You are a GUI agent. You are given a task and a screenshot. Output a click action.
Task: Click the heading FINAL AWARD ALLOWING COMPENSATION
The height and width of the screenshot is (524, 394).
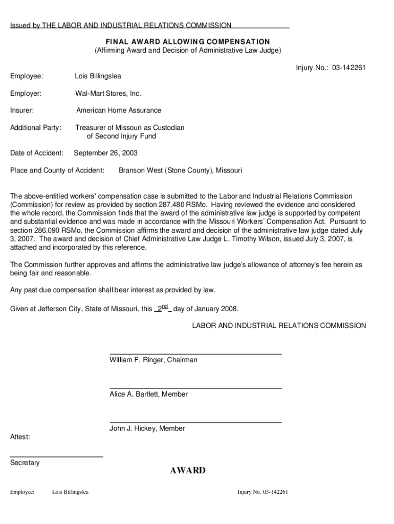pyautogui.click(x=188, y=41)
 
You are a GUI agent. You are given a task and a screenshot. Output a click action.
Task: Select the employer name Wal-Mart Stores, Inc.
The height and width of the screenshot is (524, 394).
pyautogui.click(x=108, y=93)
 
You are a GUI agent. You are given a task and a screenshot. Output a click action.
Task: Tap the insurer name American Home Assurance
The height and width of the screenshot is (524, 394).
pyautogui.click(x=118, y=110)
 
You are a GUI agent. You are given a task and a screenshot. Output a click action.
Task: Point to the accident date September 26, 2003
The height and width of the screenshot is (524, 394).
pyautogui.click(x=106, y=153)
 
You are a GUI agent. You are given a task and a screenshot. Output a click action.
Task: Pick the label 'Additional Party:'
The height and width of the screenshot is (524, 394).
pyautogui.click(x=36, y=127)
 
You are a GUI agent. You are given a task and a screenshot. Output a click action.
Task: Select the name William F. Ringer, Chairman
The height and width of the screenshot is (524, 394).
pyautogui.click(x=153, y=360)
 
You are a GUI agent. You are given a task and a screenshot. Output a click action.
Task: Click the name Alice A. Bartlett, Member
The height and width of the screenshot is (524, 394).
pyautogui.click(x=148, y=394)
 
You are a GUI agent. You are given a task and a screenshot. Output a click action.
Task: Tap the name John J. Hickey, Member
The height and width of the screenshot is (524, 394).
pyautogui.click(x=147, y=428)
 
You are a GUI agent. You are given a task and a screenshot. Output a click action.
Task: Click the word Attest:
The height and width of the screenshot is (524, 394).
pyautogui.click(x=20, y=437)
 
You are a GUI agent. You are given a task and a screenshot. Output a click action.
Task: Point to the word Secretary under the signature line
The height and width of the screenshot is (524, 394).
pyautogui.click(x=25, y=463)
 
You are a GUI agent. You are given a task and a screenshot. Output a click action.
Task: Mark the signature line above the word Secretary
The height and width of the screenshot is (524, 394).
pyautogui.click(x=56, y=456)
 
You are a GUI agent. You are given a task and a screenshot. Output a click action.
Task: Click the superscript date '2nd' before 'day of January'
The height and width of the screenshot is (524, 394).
pyautogui.click(x=162, y=308)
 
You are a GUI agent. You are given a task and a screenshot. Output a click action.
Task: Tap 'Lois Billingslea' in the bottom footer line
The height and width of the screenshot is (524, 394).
pyautogui.click(x=70, y=492)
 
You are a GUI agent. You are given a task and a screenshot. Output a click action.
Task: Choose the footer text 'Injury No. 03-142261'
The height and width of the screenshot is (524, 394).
pyautogui.click(x=262, y=492)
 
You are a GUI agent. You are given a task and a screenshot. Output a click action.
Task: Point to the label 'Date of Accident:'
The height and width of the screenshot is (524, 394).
pyautogui.click(x=37, y=153)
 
